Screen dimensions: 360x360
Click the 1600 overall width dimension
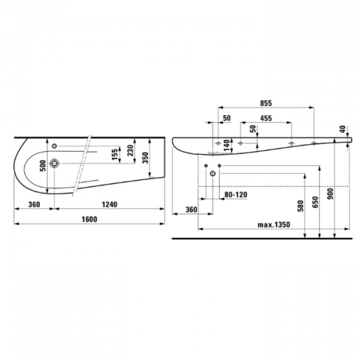[89, 220]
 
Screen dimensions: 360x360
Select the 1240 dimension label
[110, 205]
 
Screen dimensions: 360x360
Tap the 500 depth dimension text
[43, 166]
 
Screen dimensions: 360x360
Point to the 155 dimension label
[115, 154]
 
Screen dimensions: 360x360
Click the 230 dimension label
[130, 151]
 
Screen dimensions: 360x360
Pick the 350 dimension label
[145, 158]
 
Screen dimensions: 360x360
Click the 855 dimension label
[266, 103]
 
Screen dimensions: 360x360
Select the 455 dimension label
[266, 118]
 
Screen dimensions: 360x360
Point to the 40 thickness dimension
[343, 129]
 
